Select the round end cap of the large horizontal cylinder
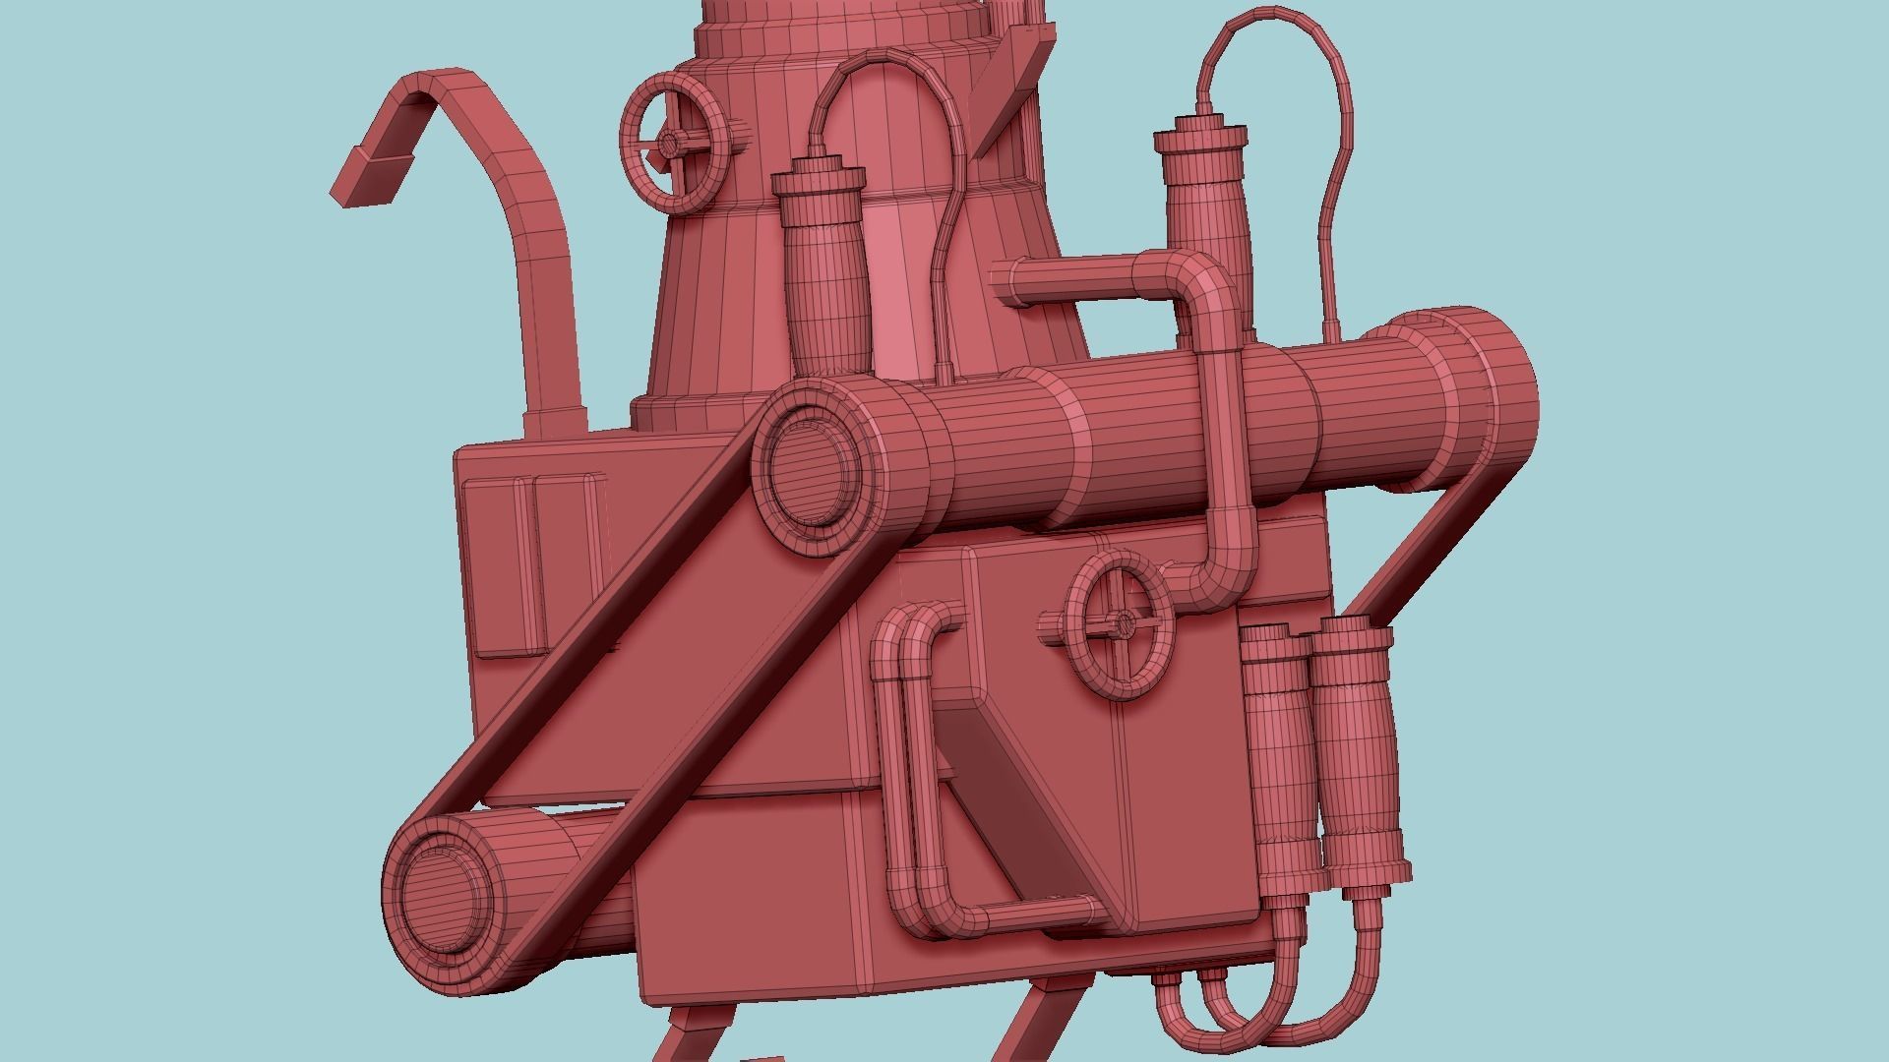point(812,468)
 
